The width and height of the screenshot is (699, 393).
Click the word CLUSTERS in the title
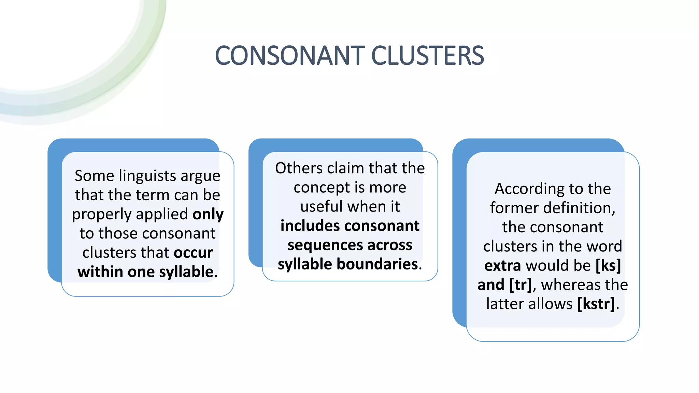[x=427, y=56]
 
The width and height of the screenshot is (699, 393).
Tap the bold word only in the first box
[x=208, y=214]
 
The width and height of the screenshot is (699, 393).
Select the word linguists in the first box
[x=148, y=176]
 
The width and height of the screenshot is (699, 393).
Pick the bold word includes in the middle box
[x=310, y=226]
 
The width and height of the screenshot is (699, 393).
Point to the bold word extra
[x=502, y=265]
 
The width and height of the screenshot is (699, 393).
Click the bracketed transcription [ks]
[x=608, y=265]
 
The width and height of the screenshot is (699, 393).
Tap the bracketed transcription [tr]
[x=520, y=285]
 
